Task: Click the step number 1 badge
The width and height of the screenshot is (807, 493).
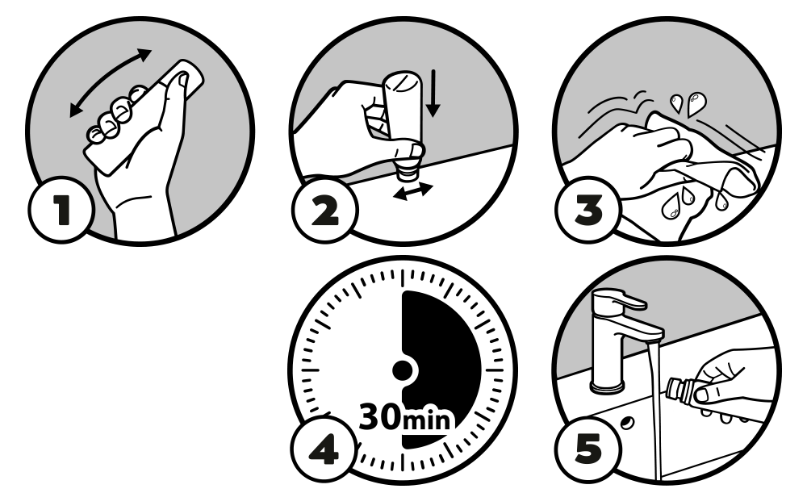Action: pyautogui.click(x=61, y=210)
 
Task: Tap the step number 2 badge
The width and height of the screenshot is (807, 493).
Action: pyautogui.click(x=324, y=210)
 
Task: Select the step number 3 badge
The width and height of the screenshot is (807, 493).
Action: pyautogui.click(x=587, y=210)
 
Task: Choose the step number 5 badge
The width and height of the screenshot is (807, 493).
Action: pyautogui.click(x=587, y=448)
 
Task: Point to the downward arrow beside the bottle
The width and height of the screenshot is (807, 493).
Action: pyautogui.click(x=433, y=93)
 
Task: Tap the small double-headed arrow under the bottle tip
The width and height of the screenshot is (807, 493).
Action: pyautogui.click(x=412, y=191)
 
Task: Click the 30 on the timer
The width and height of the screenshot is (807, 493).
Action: pyautogui.click(x=379, y=417)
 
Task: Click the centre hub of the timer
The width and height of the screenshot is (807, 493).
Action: pyautogui.click(x=403, y=370)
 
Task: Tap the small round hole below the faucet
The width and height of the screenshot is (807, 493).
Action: pyautogui.click(x=627, y=423)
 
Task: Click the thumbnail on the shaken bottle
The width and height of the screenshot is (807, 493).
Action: pyautogui.click(x=182, y=80)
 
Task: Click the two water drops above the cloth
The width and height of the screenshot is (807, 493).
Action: pyautogui.click(x=687, y=103)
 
